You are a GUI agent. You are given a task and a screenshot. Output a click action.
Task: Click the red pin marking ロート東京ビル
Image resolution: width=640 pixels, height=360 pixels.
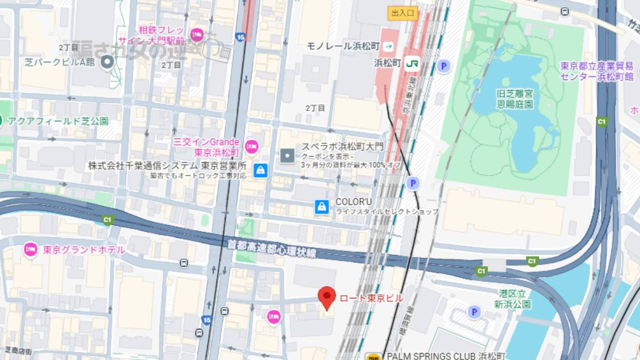(326, 297)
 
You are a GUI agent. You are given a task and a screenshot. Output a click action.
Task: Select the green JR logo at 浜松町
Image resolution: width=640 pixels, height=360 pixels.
(412, 63)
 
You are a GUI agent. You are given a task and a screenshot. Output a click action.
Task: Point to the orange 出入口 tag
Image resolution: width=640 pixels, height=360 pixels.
(403, 13)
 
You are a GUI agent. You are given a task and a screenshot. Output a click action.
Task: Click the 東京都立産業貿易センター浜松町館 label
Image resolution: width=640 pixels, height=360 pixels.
(596, 71)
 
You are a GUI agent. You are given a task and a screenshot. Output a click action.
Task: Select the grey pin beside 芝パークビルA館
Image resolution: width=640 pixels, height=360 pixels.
(108, 63)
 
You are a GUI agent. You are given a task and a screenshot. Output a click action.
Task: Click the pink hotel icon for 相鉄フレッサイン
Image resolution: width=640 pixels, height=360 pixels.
(196, 35)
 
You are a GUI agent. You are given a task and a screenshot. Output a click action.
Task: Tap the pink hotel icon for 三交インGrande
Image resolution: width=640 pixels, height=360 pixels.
(251, 146)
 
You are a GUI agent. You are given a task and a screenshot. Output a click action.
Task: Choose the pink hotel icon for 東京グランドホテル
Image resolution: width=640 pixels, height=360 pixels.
(30, 250)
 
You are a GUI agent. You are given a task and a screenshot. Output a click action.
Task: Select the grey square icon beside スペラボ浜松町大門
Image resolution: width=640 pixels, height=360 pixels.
(287, 156)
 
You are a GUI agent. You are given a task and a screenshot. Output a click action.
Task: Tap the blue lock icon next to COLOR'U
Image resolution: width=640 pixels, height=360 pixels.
(321, 206)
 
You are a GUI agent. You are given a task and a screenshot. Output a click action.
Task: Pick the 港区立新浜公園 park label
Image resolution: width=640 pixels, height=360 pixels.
(512, 299)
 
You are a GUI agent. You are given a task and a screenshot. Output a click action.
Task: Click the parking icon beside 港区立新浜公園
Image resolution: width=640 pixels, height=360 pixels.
(474, 312)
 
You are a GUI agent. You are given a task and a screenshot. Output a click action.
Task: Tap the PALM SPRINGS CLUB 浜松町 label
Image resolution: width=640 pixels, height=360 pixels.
(445, 356)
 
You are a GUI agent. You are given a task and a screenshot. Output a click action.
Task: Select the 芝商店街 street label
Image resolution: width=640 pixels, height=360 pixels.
(19, 351)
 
